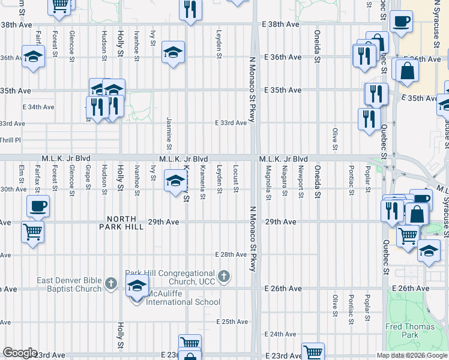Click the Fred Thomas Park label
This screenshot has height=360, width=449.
click(402, 331)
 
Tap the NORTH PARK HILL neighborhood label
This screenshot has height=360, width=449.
click(125, 223)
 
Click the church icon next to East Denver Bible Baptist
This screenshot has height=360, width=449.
click(110, 283)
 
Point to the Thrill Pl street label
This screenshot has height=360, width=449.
click(10, 140)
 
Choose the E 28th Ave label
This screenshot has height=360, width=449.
click(231, 254)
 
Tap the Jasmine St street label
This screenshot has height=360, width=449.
click(169, 134)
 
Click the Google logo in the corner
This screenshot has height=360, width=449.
click(20, 353)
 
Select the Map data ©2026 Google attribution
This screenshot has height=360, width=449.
click(412, 355)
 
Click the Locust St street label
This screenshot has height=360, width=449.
click(236, 179)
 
